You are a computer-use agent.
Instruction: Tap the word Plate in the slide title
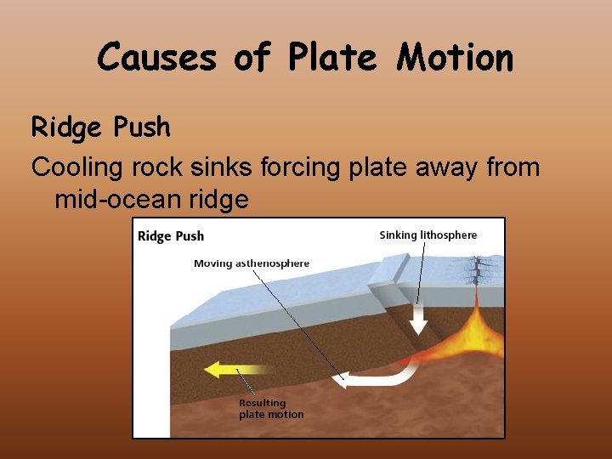pyautogui.click(x=332, y=58)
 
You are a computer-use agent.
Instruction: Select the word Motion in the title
pyautogui.click(x=455, y=58)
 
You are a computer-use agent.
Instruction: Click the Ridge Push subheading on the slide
pyautogui.click(x=100, y=127)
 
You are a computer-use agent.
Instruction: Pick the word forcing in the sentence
pyautogui.click(x=298, y=167)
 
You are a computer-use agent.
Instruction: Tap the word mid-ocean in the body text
pyautogui.click(x=116, y=200)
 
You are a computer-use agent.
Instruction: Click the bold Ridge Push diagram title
pyautogui.click(x=171, y=235)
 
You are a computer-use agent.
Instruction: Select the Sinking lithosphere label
pyautogui.click(x=428, y=235)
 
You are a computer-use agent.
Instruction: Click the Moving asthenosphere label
pyautogui.click(x=252, y=263)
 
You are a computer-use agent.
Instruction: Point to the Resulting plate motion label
pyautogui.click(x=270, y=409)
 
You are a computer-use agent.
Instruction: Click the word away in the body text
pyautogui.click(x=441, y=167)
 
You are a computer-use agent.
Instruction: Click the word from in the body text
pyautogui.click(x=513, y=167)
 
